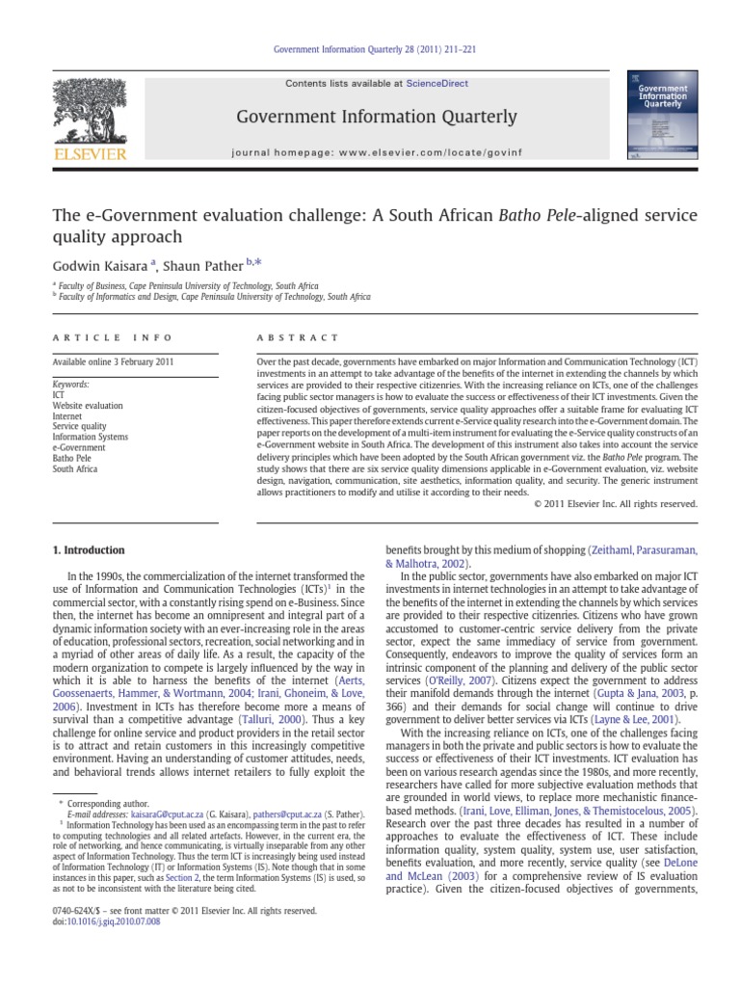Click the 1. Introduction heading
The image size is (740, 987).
(88, 550)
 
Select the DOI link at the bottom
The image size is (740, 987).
(106, 922)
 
